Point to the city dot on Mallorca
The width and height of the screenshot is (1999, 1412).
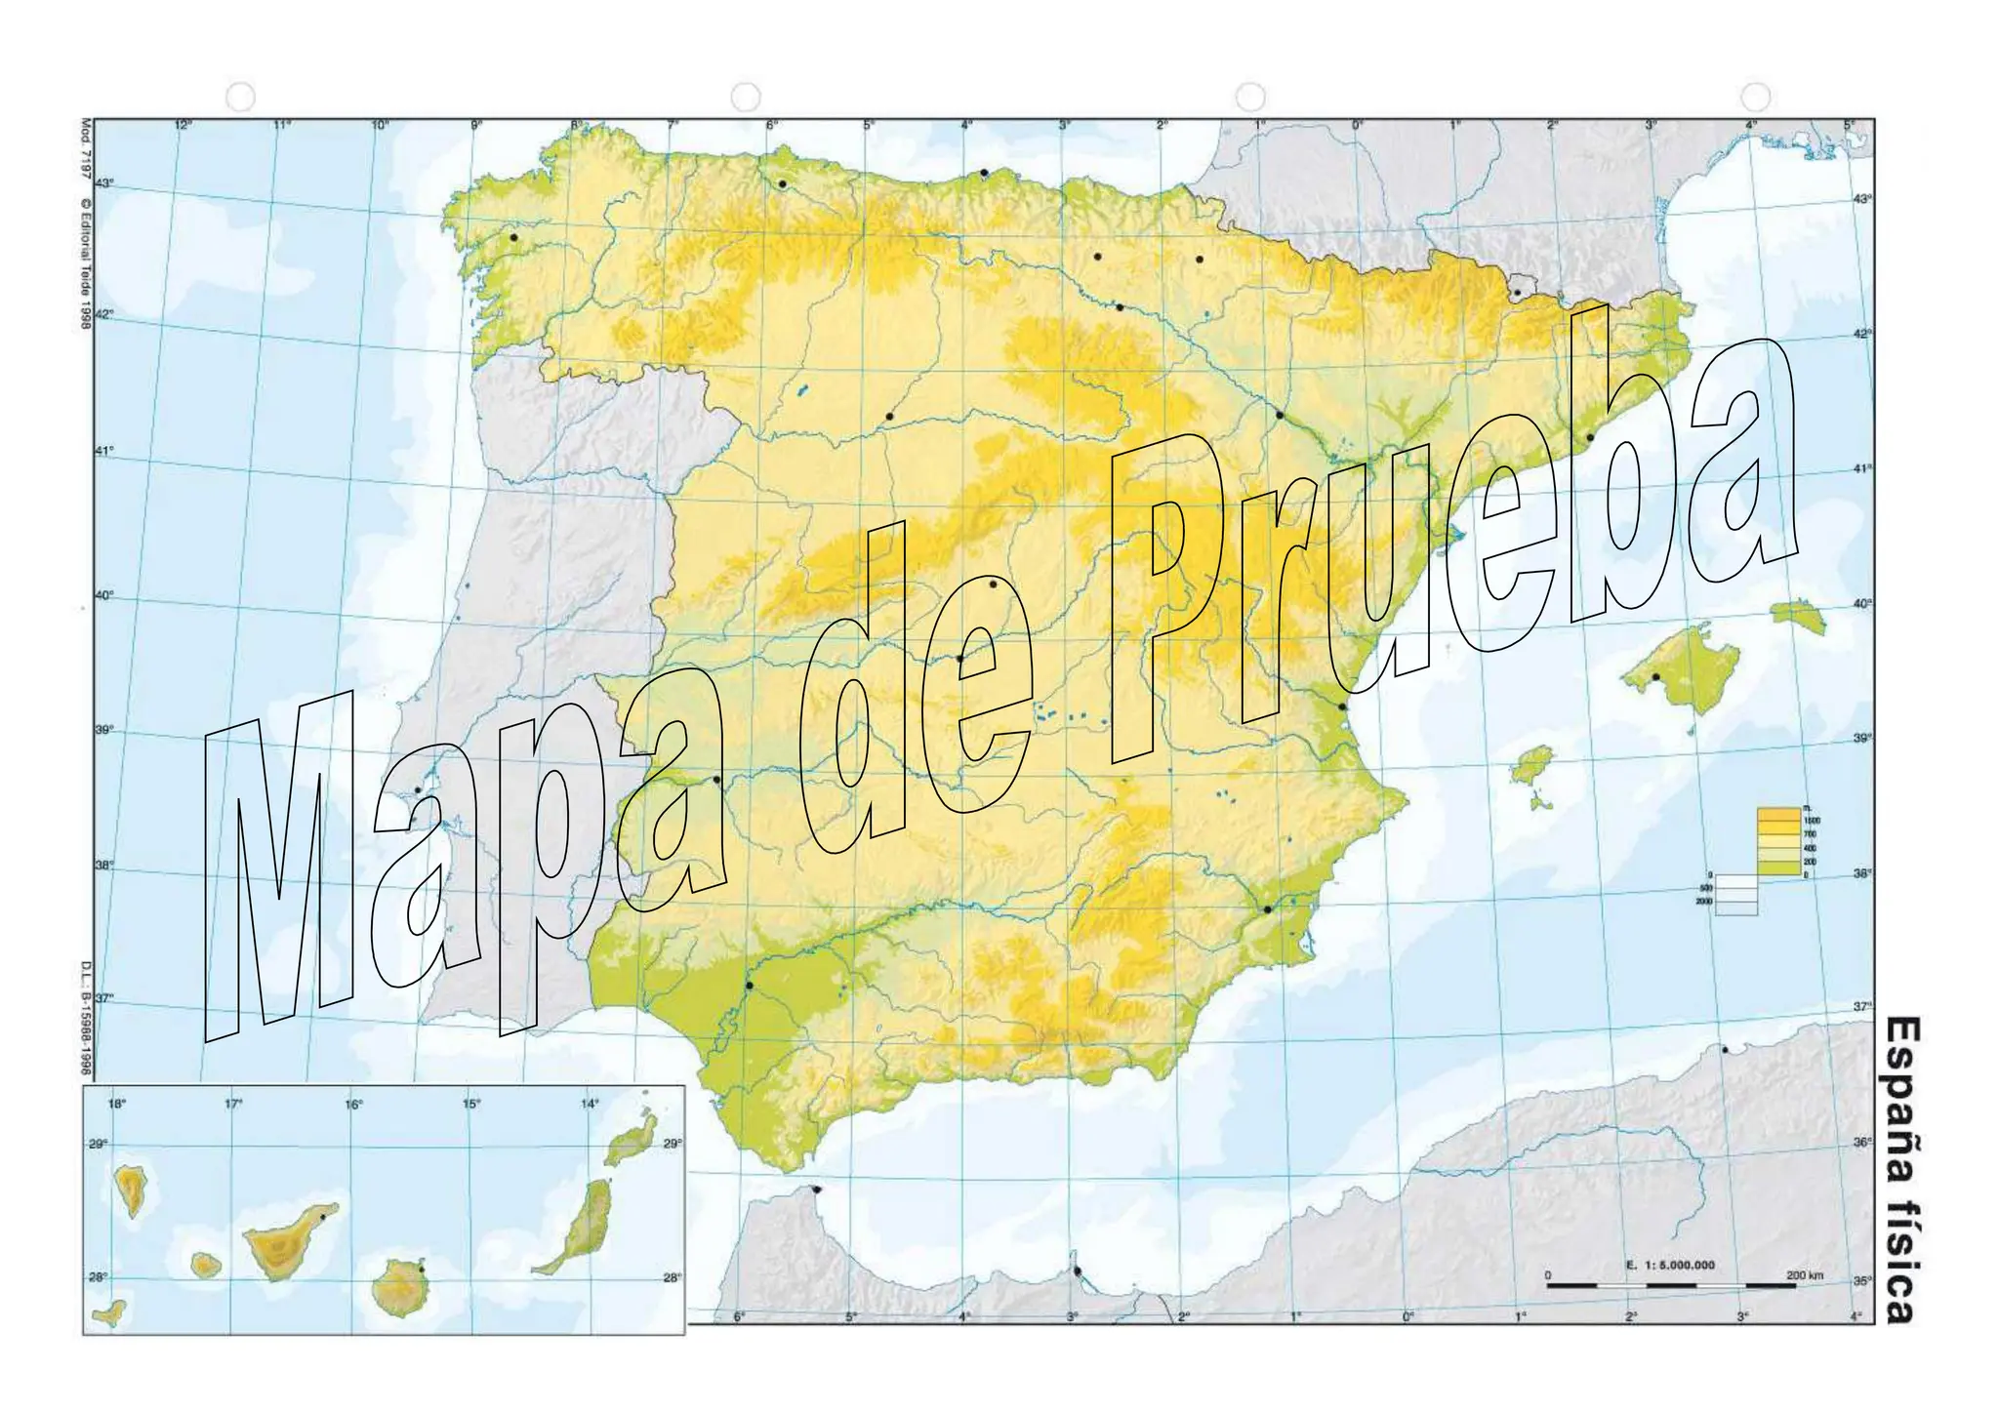[x=1655, y=676]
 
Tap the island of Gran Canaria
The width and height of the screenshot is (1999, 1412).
[x=396, y=1287]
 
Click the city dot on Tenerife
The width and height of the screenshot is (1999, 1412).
[x=322, y=1217]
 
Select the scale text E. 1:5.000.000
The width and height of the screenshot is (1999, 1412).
[x=1669, y=1265]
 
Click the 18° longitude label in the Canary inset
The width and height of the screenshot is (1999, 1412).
[x=116, y=1105]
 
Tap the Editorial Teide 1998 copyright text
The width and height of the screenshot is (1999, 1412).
[x=85, y=263]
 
